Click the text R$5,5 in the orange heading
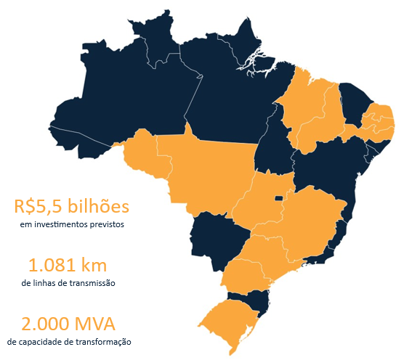pos(36,206)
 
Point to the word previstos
pos(108,225)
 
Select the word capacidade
pos(54,341)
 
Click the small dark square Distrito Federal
pos(278,197)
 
